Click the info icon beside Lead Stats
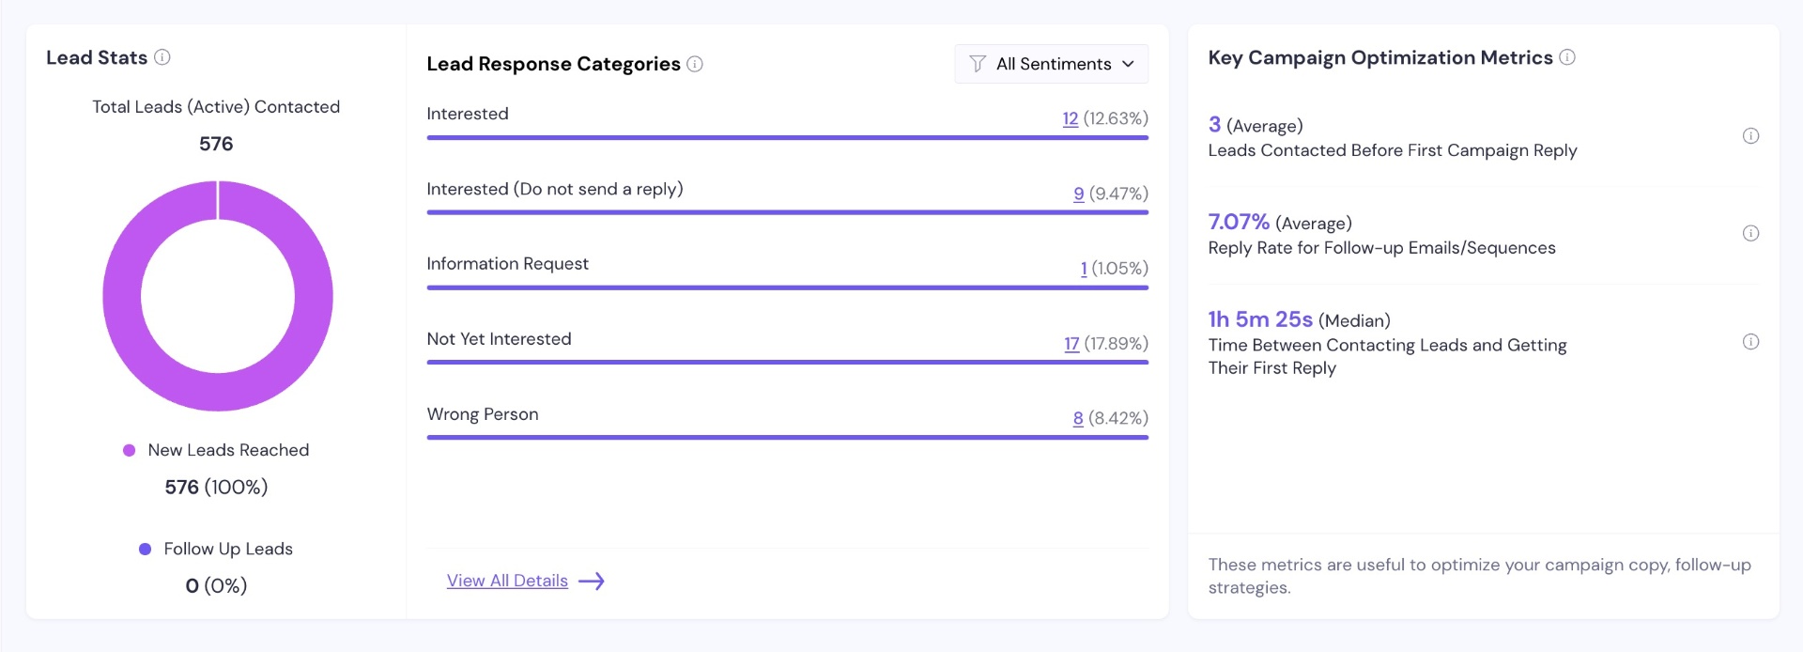162,57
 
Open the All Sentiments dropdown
1051,64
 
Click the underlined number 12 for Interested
1071,118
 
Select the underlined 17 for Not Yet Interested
1071,344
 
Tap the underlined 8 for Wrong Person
1078,418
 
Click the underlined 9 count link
1079,194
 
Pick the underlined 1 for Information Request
1084,269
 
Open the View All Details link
507,581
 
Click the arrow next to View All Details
592,582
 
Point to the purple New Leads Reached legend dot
130,450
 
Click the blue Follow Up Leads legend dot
145,549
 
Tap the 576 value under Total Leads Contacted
216,144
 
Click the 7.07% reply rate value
1239,222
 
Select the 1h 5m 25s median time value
1260,319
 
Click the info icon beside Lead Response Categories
695,64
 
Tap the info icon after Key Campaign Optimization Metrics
1567,57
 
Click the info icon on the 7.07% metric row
1751,233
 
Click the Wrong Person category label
483,414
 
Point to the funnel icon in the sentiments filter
978,64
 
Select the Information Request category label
508,264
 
